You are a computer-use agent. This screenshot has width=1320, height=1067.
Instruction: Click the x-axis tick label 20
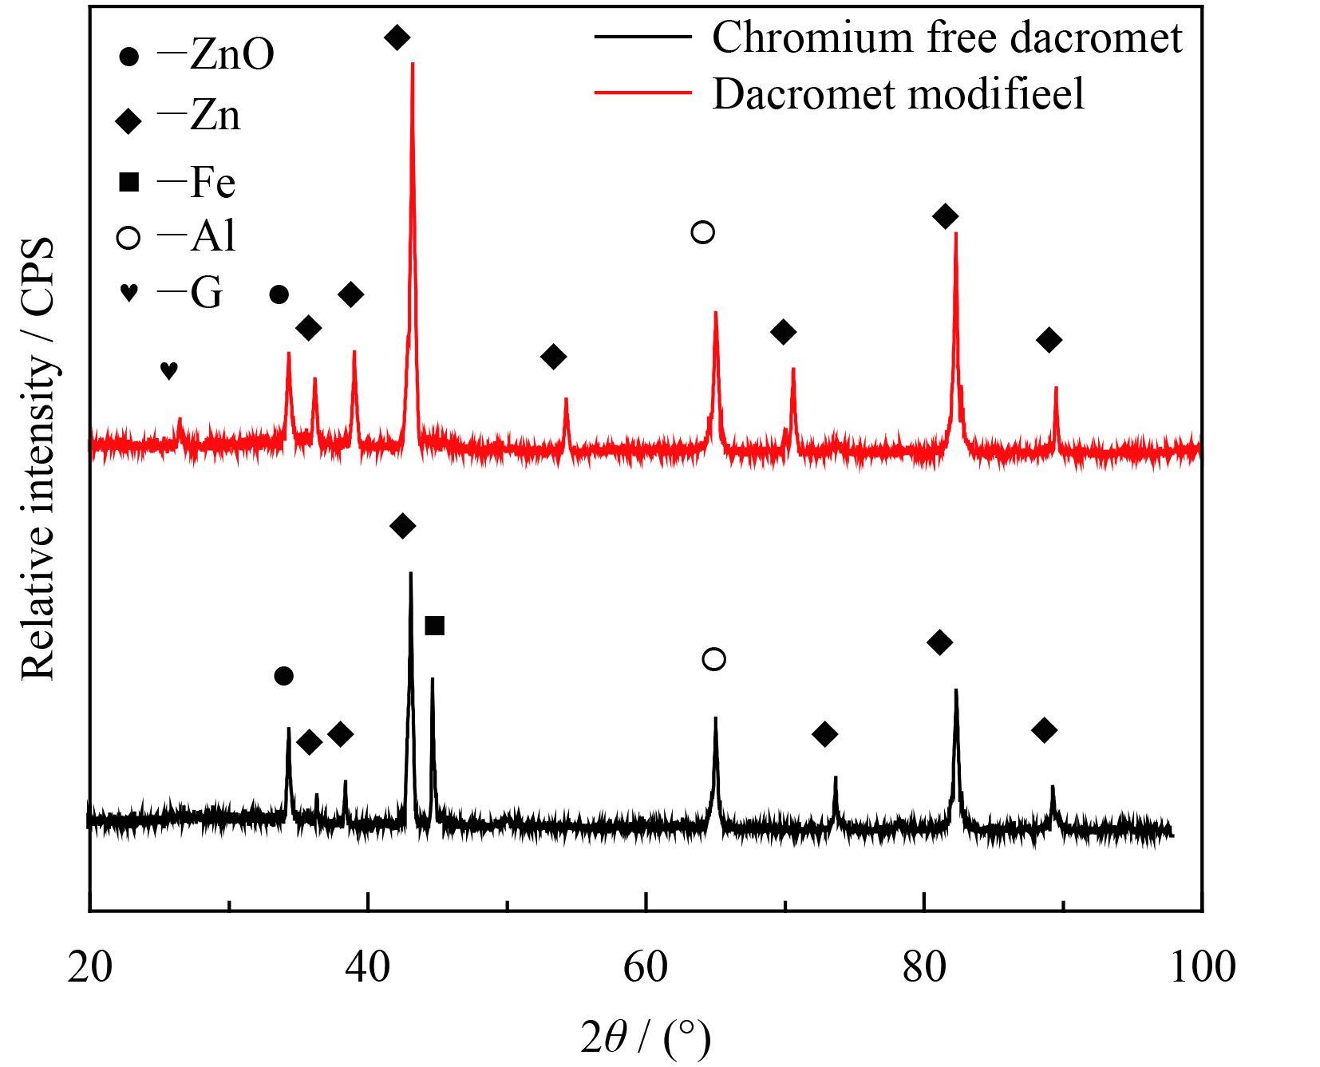[x=89, y=967]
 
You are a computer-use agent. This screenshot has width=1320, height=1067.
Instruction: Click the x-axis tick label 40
[x=368, y=967]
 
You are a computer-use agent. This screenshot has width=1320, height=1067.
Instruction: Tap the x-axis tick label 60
[x=645, y=967]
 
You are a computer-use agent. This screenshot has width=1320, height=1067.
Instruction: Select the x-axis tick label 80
[x=923, y=967]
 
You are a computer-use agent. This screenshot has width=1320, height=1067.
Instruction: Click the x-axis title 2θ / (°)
[x=645, y=1038]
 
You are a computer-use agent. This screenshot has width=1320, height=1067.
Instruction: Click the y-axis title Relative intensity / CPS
[x=38, y=458]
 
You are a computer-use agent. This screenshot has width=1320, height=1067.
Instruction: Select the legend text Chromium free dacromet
[x=947, y=38]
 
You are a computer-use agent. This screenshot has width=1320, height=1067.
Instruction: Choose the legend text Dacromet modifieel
[x=898, y=94]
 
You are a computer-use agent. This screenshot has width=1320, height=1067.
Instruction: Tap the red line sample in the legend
[x=642, y=93]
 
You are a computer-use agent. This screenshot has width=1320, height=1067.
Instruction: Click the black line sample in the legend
[x=642, y=36]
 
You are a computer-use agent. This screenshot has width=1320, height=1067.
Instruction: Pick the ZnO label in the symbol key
[x=231, y=55]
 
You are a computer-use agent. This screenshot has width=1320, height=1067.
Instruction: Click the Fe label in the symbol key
[x=212, y=183]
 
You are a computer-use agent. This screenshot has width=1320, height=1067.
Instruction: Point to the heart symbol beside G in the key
[x=128, y=293]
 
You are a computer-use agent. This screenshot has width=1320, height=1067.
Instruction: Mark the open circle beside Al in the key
[x=128, y=238]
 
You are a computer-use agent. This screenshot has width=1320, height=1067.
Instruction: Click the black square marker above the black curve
[x=434, y=626]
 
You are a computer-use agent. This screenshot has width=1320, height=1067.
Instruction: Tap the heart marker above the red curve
[x=168, y=370]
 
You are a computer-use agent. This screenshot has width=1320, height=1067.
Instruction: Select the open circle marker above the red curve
[x=702, y=232]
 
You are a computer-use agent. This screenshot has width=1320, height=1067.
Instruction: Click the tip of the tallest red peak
[x=413, y=63]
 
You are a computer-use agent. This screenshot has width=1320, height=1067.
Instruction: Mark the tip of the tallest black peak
[x=410, y=572]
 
